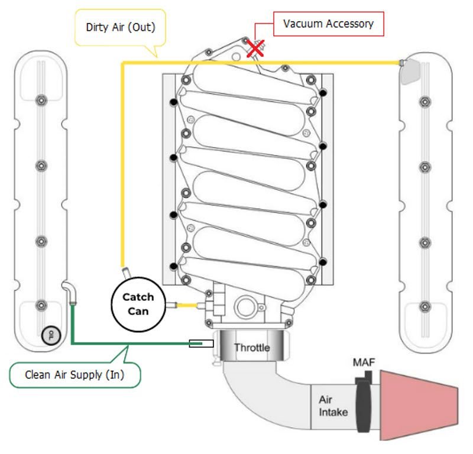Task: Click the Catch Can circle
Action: point(138,304)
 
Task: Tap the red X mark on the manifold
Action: point(255,49)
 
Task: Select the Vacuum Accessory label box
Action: point(328,24)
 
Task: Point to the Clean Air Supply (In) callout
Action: point(75,374)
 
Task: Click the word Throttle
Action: point(252,348)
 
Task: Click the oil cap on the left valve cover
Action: point(51,335)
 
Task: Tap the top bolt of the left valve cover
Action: point(41,99)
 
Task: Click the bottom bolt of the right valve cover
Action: point(424,306)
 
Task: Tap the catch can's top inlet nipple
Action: point(125,273)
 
